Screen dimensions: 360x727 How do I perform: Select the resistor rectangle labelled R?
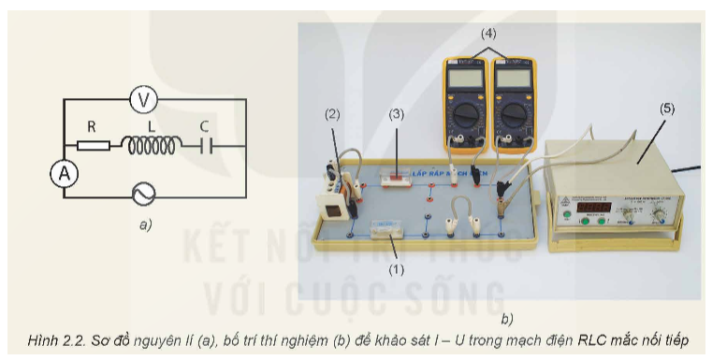[x=93, y=145]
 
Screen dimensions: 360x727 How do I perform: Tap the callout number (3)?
[x=397, y=114]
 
